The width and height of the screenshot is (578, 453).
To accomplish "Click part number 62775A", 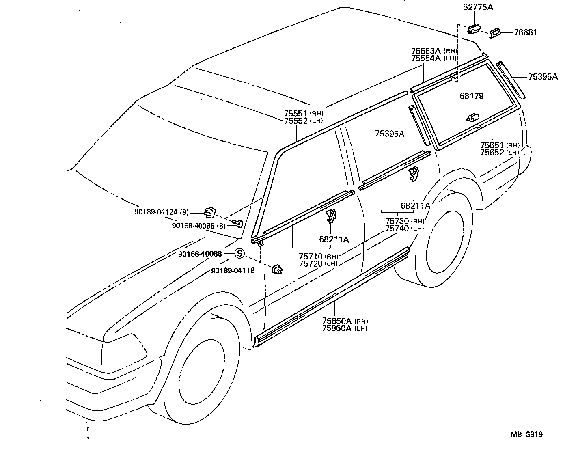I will tap(478, 7).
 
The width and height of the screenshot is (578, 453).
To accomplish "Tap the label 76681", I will tap(525, 32).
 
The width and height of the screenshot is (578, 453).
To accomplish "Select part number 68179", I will tap(471, 96).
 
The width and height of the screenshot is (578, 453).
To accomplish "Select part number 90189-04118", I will tap(233, 270).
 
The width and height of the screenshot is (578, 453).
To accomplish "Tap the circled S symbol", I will tap(239, 254).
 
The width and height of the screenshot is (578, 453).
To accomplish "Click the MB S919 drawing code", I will tap(526, 434).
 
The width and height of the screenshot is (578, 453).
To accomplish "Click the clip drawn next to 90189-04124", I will tap(209, 211).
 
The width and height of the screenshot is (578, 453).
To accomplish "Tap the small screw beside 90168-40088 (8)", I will tap(239, 223).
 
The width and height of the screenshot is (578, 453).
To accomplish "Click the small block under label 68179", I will tap(472, 118).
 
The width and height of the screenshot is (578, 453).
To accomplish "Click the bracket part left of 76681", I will tap(495, 33).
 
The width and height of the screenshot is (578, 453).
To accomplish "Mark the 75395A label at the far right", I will tap(543, 77).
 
